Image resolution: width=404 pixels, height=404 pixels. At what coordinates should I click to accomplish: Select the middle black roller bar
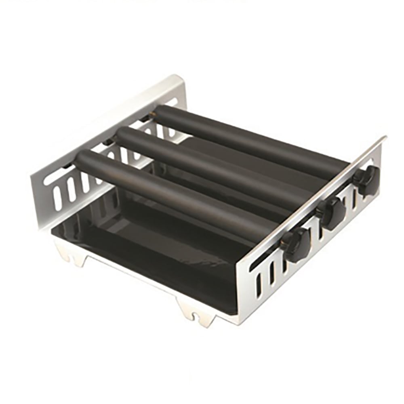click(210, 166)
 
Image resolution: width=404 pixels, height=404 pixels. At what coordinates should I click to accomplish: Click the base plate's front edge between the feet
click(133, 279)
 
